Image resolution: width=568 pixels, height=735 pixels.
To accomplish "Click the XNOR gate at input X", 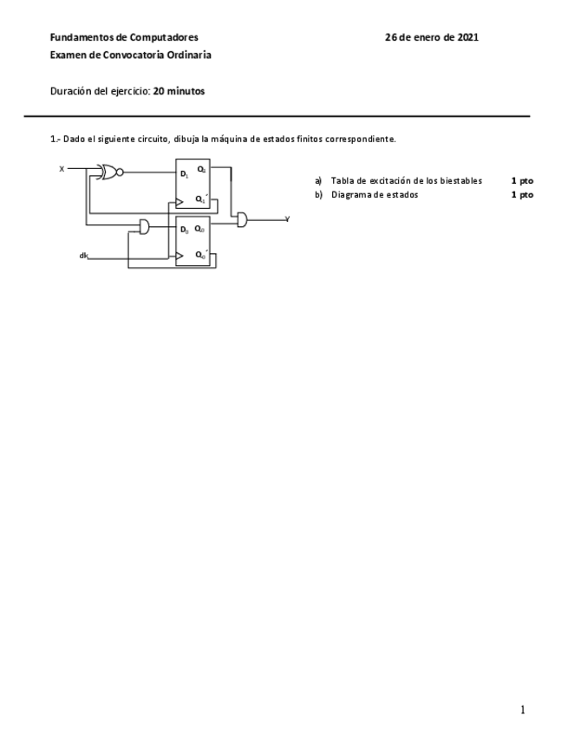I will [x=109, y=172].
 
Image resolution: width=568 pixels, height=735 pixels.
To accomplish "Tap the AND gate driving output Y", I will [x=242, y=220].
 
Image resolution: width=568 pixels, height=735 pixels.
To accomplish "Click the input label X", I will [x=62, y=169].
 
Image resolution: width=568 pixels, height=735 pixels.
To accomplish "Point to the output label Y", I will [x=287, y=220].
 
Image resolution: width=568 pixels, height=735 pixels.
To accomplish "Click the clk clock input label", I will [x=83, y=255].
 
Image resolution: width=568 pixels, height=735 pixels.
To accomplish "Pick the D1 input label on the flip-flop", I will [x=184, y=174].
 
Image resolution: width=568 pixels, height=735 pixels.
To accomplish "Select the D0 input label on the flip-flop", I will [x=184, y=230].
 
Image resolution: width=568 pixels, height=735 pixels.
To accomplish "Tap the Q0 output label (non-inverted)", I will [x=199, y=229].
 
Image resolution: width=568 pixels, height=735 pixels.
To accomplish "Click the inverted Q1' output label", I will [x=200, y=199].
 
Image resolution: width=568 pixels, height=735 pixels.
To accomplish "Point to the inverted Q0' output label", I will [x=200, y=255].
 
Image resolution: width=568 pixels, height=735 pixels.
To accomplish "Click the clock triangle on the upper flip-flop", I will [x=180, y=201].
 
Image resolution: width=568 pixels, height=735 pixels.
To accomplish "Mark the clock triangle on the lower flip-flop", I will [x=180, y=256].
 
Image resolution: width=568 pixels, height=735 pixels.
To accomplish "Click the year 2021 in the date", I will [x=467, y=37].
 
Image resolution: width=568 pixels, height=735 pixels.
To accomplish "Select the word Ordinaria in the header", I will [x=189, y=55].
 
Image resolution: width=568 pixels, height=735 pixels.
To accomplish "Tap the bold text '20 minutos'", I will [x=179, y=90].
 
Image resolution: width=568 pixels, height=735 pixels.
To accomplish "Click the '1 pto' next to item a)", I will [x=522, y=180].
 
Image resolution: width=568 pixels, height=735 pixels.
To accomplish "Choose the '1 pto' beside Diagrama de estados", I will [x=522, y=195].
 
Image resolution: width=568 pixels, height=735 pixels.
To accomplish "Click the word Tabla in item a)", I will [x=342, y=180].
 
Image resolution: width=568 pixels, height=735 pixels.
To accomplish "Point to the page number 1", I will [x=522, y=711].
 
